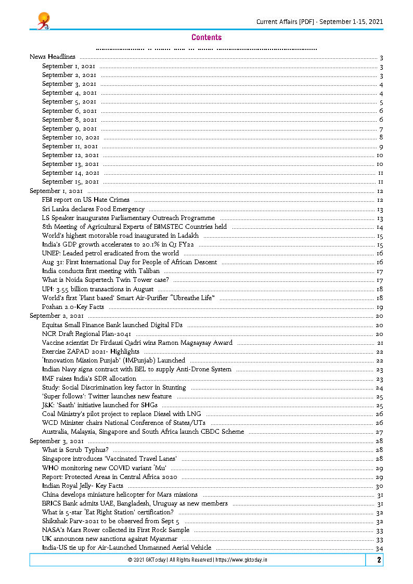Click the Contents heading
206,37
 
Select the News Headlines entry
53,57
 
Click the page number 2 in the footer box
379,560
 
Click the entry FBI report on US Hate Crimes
86,200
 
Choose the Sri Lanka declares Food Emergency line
86,209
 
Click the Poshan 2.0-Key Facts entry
73,307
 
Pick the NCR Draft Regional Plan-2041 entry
86,334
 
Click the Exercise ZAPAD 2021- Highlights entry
91,352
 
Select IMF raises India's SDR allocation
89,379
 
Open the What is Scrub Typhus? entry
75,450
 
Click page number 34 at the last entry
379,548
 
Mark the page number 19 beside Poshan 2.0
379,307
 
